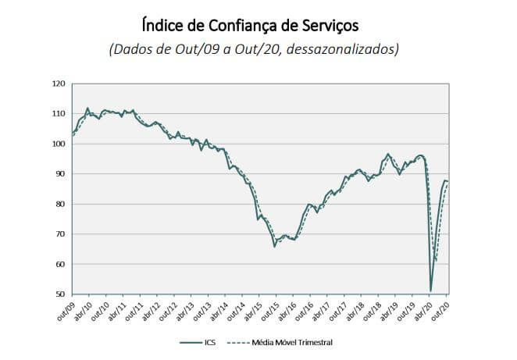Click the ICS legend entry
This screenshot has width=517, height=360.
[x=205, y=341]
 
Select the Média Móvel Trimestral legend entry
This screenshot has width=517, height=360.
[x=283, y=341]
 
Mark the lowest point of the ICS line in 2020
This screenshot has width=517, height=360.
[x=431, y=290]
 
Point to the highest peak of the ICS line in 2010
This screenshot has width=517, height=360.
[x=87, y=108]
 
